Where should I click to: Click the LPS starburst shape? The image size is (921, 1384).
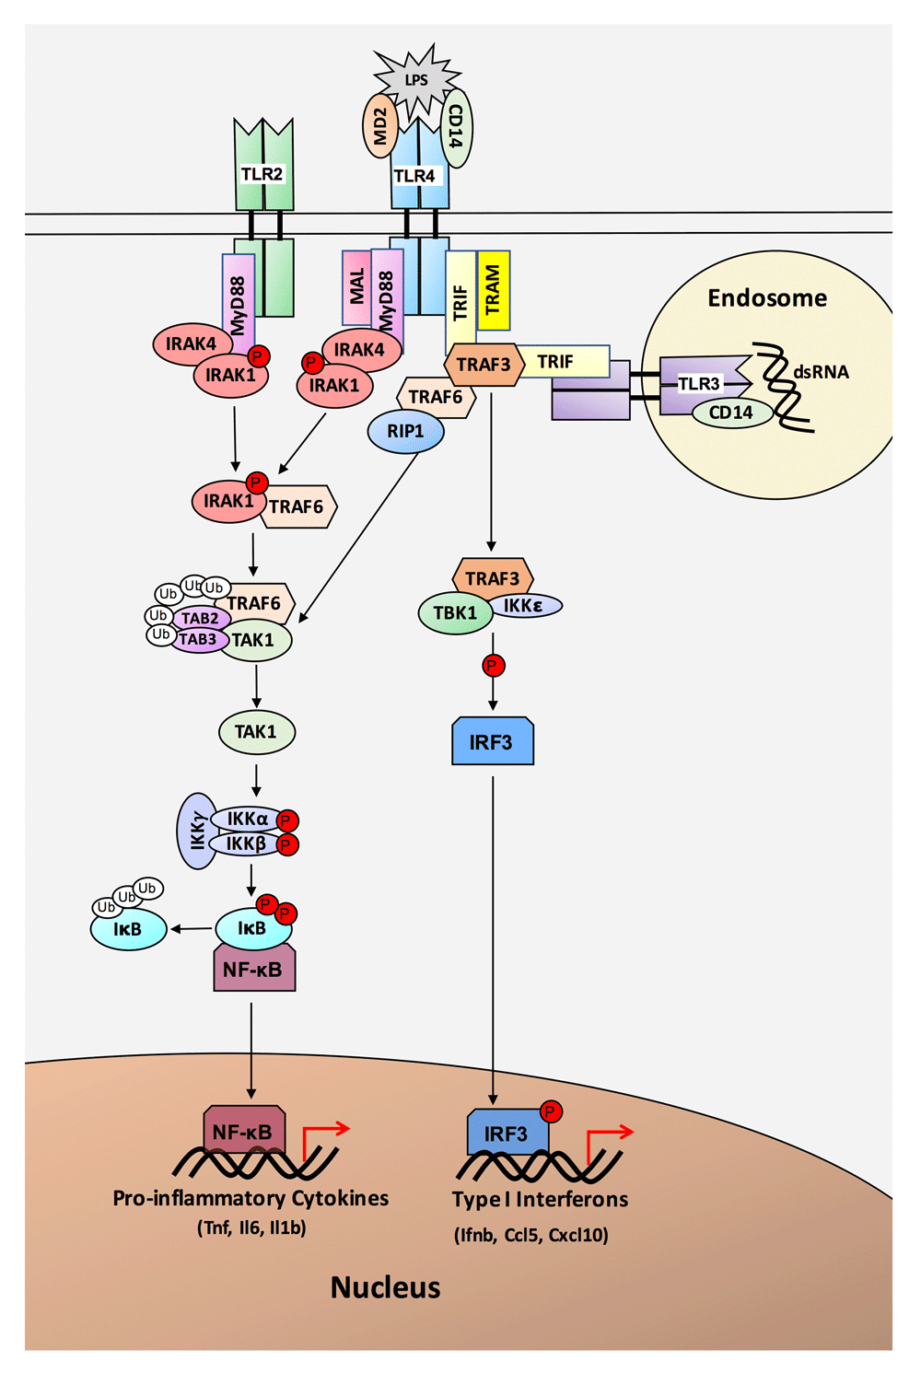coord(416,80)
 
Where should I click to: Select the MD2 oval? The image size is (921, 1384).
coord(379,125)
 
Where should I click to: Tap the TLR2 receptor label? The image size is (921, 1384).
coord(262,174)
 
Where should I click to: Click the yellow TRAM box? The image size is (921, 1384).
coord(494,289)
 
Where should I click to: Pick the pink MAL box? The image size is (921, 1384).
coord(356,287)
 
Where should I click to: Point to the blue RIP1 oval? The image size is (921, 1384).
coord(405,431)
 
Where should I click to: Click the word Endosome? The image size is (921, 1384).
coord(767,297)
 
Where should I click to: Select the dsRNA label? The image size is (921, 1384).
coord(821,372)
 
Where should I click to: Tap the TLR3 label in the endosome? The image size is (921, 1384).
coord(699,384)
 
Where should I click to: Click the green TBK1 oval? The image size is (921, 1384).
coord(456,613)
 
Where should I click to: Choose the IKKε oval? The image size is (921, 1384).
coord(525,606)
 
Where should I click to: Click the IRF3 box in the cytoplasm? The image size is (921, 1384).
coord(493,741)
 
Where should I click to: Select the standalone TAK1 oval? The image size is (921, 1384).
coord(257,732)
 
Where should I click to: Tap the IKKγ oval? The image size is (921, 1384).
coord(197,831)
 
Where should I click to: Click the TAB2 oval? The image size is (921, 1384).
coord(200,618)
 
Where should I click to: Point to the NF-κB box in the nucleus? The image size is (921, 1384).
coord(245,1130)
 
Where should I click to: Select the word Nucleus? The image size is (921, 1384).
coord(385,1287)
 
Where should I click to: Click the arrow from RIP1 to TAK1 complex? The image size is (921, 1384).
coord(358,536)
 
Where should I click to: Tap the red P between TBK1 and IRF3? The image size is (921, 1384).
coord(494,666)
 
